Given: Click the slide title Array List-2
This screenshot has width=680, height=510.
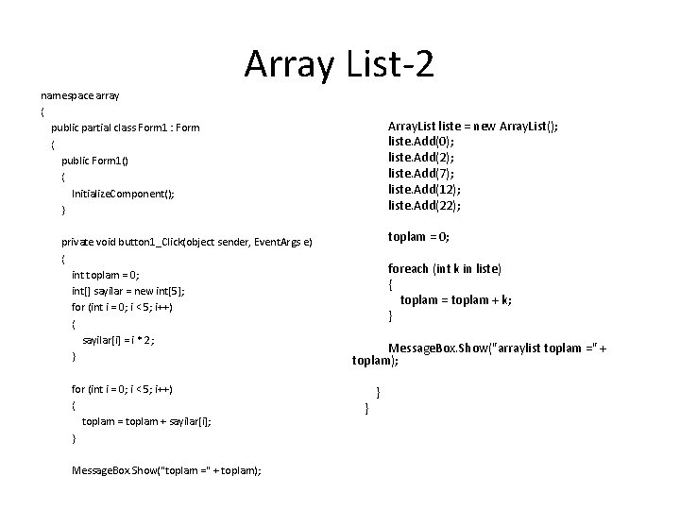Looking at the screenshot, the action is (x=339, y=64).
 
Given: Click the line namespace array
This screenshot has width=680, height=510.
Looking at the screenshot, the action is (x=79, y=95).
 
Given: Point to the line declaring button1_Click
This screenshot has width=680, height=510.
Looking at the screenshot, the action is (x=186, y=242).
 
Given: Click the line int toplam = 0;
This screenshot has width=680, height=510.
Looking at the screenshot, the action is (x=106, y=275).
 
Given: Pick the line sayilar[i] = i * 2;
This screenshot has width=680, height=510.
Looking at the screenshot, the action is (x=118, y=340).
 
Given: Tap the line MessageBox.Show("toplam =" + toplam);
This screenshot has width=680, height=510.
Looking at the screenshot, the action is (x=166, y=470).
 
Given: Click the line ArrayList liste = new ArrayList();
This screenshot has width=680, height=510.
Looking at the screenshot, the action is (x=472, y=126).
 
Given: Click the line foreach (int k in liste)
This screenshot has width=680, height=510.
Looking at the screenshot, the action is (x=445, y=268).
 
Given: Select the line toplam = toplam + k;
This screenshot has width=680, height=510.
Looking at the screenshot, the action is (x=455, y=300).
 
